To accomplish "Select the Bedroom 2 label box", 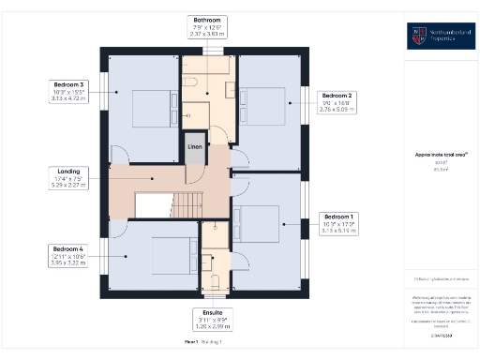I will (337, 102).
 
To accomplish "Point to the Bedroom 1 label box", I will (336, 221).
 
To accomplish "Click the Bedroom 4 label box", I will (67, 255).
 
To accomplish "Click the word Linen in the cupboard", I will (194, 147).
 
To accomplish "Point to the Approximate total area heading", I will (442, 153).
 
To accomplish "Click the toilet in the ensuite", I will (215, 279).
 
